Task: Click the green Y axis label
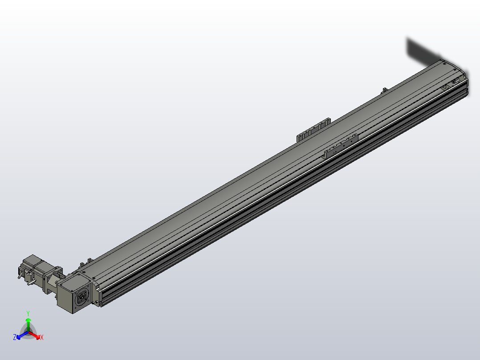click(28, 313)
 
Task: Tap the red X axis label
click(42, 338)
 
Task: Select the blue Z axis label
click(15, 337)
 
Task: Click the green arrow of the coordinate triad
click(28, 323)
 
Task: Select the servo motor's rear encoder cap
click(22, 270)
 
